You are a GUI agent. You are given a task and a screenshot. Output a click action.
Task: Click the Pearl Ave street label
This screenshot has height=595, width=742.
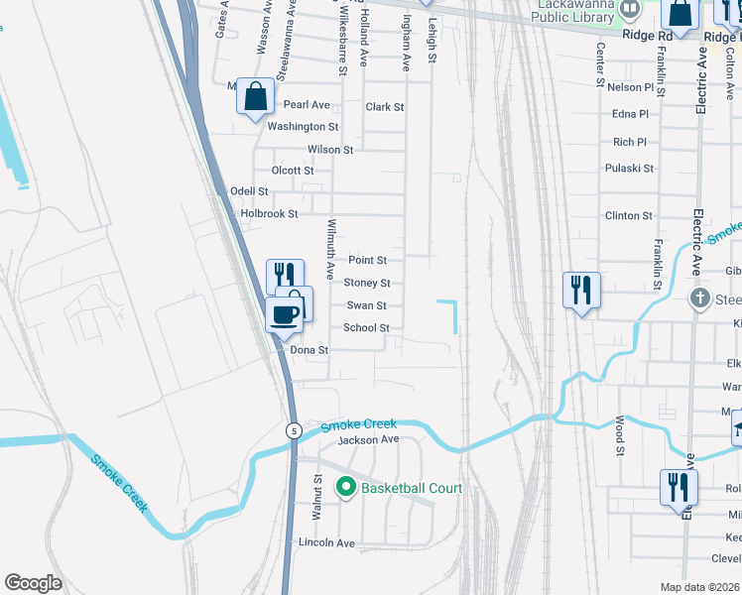click(307, 104)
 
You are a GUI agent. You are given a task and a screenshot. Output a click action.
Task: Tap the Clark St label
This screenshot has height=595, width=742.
click(385, 107)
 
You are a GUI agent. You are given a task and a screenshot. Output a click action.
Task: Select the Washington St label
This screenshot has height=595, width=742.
click(303, 127)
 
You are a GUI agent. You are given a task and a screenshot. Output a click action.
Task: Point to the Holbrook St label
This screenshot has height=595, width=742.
click(269, 213)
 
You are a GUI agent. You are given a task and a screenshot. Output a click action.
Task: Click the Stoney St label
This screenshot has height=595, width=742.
click(367, 283)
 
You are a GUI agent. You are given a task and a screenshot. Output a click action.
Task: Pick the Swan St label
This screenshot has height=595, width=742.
click(366, 305)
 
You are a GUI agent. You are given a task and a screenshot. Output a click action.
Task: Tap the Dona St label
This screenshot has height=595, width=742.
click(309, 350)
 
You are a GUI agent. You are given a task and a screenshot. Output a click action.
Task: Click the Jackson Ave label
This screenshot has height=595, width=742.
click(368, 439)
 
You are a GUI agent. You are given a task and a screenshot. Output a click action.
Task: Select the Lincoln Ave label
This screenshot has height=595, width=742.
click(326, 543)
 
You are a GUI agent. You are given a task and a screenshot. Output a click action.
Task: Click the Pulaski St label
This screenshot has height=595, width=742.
click(629, 169)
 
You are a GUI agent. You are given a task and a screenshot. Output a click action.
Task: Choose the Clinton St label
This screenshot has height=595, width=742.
click(629, 215)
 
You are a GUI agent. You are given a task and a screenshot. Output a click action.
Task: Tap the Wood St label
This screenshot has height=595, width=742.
click(619, 436)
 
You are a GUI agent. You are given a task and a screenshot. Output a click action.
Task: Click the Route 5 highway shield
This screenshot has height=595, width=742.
click(294, 430)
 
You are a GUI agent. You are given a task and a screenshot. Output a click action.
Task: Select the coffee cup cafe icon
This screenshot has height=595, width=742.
click(285, 314)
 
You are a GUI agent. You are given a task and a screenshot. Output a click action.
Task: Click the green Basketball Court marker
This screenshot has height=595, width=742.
click(346, 487)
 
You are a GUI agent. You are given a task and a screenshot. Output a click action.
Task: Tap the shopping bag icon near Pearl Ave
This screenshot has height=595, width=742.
click(256, 97)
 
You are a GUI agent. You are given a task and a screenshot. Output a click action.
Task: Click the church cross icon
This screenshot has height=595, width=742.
click(699, 297)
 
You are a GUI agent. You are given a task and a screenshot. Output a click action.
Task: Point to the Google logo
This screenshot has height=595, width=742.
click(33, 583)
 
